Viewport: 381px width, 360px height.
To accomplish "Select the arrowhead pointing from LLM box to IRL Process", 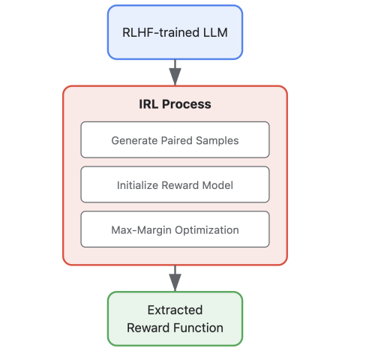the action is tap(175, 76).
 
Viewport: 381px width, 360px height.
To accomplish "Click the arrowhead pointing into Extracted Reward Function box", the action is tap(175, 283).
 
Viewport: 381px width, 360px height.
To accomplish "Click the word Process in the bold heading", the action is tap(187, 104).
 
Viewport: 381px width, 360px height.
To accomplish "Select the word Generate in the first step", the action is tap(134, 140).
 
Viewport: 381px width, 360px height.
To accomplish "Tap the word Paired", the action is tap(177, 140).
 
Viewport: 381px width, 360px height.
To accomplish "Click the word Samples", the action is tap(217, 140).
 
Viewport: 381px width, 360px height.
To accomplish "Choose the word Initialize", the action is tap(138, 185).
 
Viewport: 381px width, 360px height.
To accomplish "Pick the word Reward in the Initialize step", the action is tap(180, 185).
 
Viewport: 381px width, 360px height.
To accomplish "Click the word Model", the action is tap(217, 185).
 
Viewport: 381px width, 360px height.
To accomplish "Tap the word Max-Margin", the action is tap(141, 230).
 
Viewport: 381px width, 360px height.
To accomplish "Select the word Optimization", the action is tap(207, 230).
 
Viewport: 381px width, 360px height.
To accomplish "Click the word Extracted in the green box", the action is tap(175, 310).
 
